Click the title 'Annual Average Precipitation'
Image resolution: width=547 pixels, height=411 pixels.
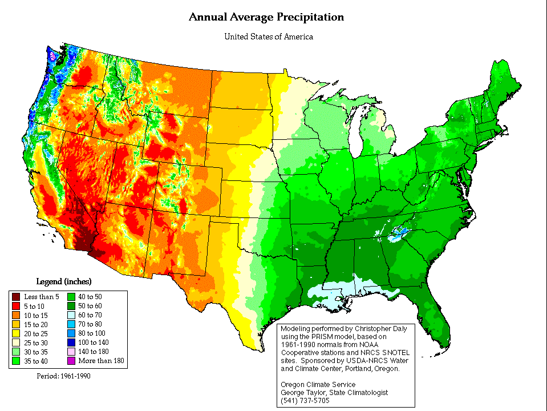tap(266, 17)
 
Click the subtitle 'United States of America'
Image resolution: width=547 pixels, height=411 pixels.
tap(269, 37)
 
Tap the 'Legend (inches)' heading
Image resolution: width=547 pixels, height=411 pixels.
tap(64, 281)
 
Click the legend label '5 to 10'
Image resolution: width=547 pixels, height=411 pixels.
tap(34, 306)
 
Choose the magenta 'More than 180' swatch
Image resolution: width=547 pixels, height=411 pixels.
tap(72, 361)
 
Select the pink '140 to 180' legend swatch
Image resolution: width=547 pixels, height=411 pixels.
tap(72, 352)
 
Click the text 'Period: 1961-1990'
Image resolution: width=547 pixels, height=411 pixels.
tap(63, 376)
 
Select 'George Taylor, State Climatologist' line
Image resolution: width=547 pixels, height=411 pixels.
tap(335, 392)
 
